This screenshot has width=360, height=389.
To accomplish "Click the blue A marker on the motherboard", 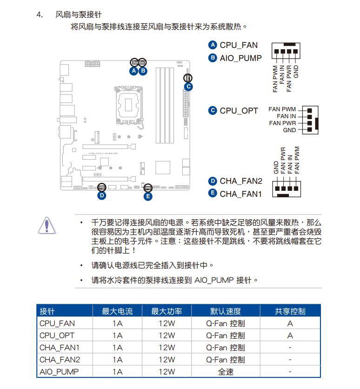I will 134,71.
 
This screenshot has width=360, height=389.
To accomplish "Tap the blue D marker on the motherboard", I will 102,196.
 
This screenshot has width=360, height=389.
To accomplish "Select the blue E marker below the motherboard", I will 148,196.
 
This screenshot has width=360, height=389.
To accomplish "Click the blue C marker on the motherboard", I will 188,86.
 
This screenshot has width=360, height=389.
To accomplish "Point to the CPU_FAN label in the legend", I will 238,45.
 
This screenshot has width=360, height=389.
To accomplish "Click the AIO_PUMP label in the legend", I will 240,58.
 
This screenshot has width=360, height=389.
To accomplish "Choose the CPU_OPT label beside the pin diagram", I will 239,111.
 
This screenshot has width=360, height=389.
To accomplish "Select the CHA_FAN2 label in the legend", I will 241,181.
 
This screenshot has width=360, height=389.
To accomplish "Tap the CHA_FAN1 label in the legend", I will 241,193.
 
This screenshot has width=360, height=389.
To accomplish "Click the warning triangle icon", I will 47,225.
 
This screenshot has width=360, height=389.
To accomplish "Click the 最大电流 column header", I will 117,311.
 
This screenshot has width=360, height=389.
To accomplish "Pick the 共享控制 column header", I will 290,311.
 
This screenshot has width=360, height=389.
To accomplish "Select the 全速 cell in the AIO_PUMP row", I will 225,372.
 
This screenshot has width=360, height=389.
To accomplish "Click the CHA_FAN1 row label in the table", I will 59,348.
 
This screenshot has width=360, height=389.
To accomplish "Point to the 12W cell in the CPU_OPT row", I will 167,335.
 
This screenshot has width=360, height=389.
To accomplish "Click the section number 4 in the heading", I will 39,14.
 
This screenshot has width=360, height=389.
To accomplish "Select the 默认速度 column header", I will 225,311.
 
